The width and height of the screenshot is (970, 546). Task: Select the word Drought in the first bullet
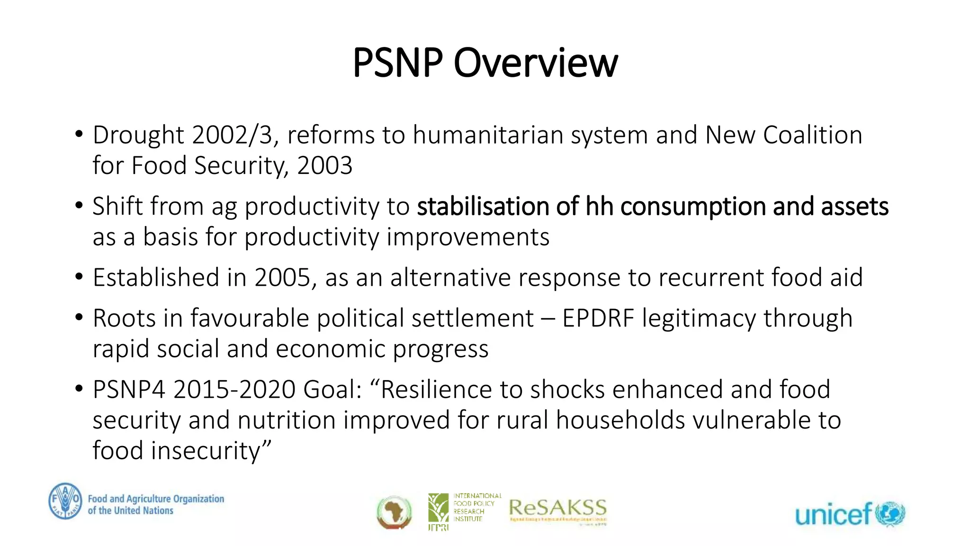point(138,135)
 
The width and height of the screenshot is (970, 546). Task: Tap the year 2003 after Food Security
point(324,165)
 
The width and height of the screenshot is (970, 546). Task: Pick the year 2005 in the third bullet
point(282,277)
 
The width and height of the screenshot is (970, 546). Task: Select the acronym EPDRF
point(598,318)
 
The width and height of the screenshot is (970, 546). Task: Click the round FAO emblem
point(65,501)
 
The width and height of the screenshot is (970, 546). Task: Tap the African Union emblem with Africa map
point(394,512)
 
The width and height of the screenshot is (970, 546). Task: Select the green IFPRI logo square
point(438,508)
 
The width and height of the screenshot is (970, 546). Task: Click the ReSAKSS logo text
point(557,508)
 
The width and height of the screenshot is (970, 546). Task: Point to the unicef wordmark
point(833,514)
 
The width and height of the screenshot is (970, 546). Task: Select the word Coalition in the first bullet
point(812,135)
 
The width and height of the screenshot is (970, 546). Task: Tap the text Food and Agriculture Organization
point(156,499)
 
